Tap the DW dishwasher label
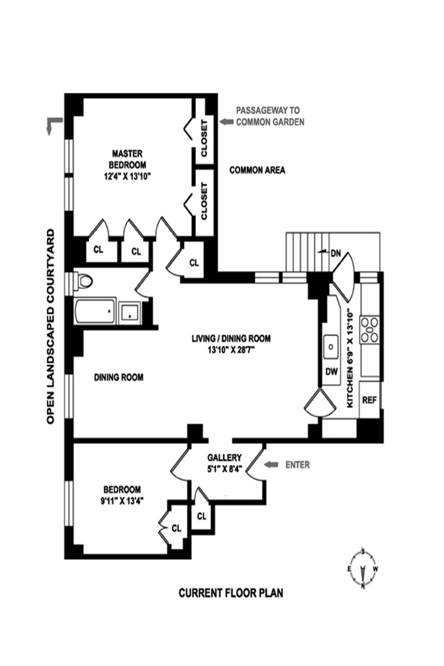click(332, 372)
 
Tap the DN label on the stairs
click(336, 254)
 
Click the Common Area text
click(257, 170)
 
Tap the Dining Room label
click(118, 377)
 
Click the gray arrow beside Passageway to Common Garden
click(225, 121)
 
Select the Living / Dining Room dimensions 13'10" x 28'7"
click(231, 350)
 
